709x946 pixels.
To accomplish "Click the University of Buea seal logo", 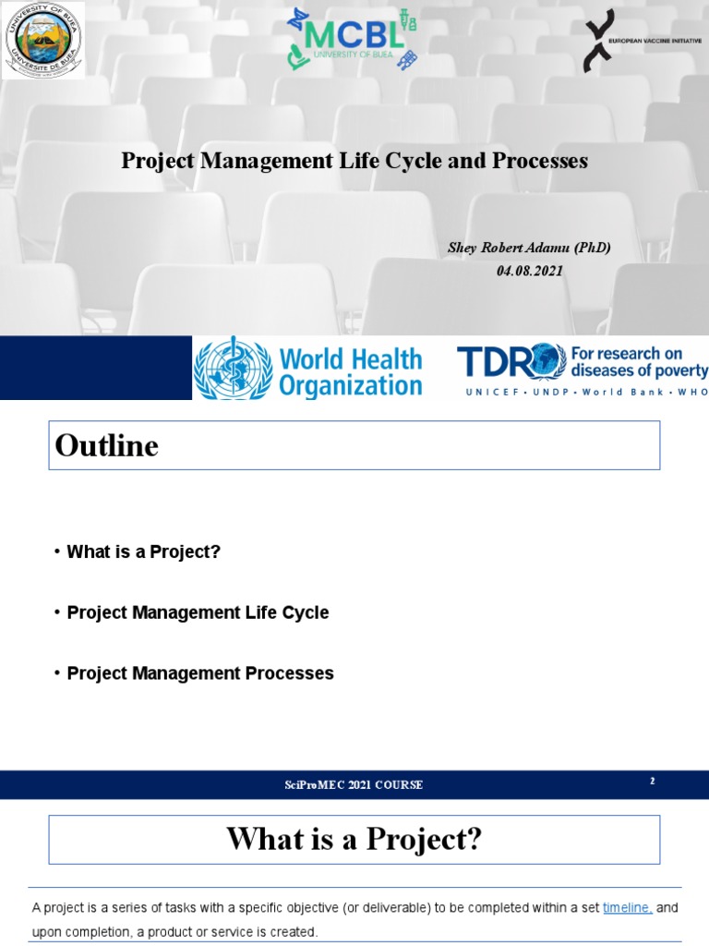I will pos(43,40).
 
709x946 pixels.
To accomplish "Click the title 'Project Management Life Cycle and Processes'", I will pos(354,161).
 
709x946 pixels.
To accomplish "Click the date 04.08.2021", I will pos(530,271).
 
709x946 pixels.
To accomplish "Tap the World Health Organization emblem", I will pos(232,368).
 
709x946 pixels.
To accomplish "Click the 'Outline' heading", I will pos(107,446).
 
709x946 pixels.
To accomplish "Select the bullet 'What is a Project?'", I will pos(144,552).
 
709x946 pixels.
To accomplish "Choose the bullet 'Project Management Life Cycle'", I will pos(198,612).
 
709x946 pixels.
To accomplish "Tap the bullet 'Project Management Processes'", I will pos(200,673).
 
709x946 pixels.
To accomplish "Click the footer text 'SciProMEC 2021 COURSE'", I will pos(354,785).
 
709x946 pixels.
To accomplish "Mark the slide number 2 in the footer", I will pos(652,782).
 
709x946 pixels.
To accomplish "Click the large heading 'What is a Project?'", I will pos(354,840).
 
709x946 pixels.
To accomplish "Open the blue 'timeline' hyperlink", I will pos(628,908).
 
